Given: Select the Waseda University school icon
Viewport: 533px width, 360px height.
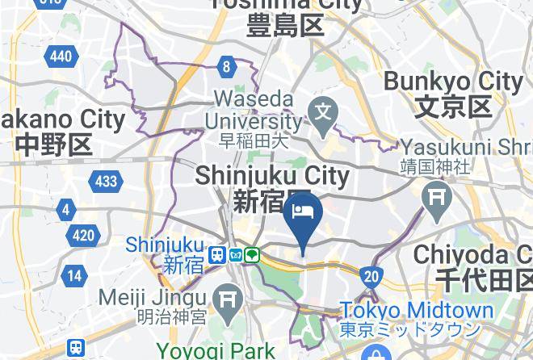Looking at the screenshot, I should point(325,109).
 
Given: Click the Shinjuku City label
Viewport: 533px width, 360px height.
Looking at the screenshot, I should point(271,187).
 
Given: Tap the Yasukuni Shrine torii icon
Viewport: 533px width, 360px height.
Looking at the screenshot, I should point(438,195).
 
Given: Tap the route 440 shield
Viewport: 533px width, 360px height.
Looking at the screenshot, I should point(61,56).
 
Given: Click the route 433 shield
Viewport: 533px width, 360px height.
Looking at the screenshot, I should point(106,182).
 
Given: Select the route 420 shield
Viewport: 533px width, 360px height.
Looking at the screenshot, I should point(83,236).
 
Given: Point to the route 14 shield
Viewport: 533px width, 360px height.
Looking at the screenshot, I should point(74,276).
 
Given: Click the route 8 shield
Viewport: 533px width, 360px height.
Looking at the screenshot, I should point(227,67).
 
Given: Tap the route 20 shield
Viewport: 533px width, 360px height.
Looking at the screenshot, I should point(371,277).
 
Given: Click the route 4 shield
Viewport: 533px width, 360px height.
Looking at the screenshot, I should point(65,211).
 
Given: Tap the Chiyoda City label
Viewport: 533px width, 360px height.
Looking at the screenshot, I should point(476,267).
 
